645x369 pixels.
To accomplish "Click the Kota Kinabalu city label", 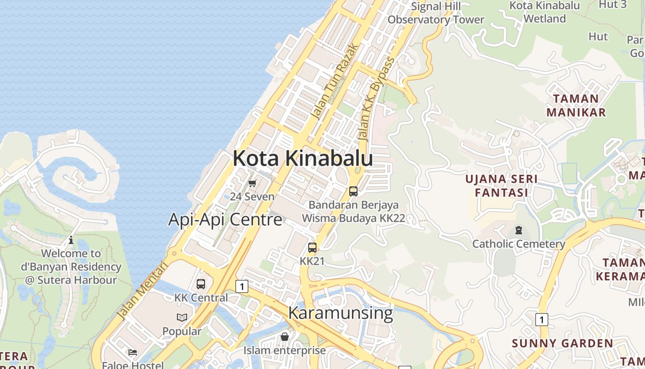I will click(x=303, y=158).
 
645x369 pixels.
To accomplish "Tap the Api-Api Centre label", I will click(x=225, y=219).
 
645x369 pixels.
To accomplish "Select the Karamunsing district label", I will click(x=340, y=313).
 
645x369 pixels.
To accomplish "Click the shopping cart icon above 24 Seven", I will click(x=252, y=183).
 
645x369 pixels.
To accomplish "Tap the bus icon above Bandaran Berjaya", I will click(x=353, y=191).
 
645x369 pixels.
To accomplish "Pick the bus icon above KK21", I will click(x=312, y=248).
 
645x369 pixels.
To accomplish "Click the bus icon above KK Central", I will click(x=201, y=284).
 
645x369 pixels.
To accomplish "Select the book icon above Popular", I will click(x=182, y=317).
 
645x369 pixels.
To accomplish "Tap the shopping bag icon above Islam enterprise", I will click(x=285, y=337).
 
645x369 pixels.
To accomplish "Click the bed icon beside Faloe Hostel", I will click(x=133, y=352).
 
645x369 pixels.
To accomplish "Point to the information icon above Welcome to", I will click(x=71, y=240).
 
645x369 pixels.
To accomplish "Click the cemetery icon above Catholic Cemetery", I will click(x=519, y=230).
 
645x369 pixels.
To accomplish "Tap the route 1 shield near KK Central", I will click(x=241, y=286).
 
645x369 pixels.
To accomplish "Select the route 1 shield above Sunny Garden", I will click(x=542, y=319).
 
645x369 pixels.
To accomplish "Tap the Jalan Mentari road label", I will click(x=142, y=291).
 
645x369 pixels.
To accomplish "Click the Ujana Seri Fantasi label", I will click(x=501, y=185).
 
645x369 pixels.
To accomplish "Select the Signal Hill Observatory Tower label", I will click(x=436, y=13).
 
